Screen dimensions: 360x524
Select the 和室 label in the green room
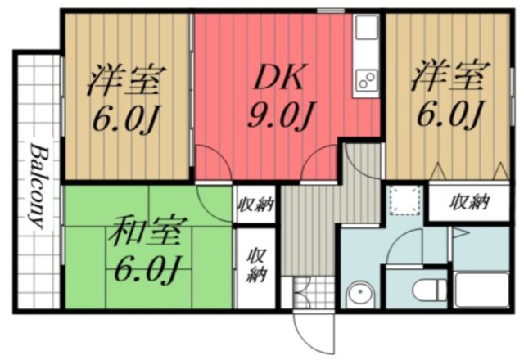point(140,232)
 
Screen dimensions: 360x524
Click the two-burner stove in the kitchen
point(364,80)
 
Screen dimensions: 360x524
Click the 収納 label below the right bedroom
point(469,201)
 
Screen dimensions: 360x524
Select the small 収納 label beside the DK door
point(255,205)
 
